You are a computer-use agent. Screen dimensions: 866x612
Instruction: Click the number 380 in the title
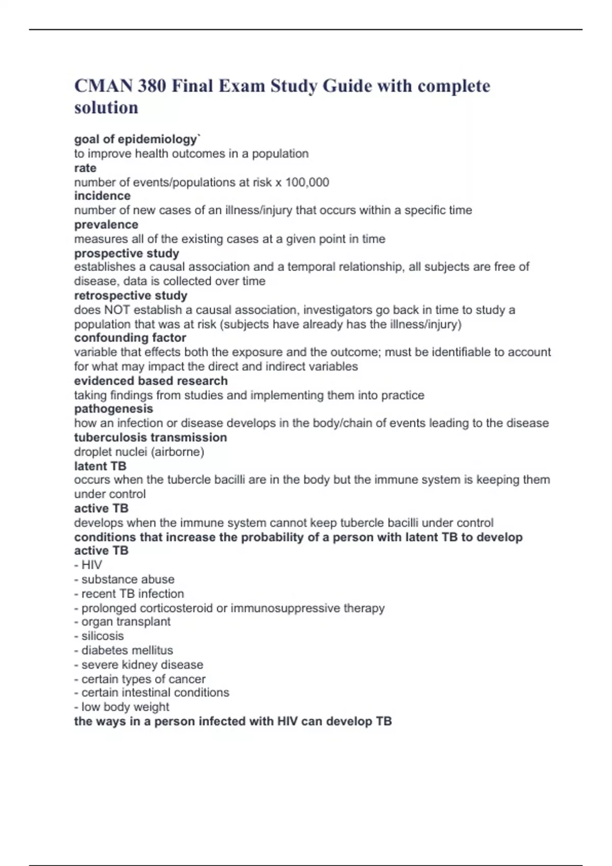tap(151, 86)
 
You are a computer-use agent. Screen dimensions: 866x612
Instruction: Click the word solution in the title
tap(106, 108)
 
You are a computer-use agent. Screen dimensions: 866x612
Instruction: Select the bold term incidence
tap(102, 196)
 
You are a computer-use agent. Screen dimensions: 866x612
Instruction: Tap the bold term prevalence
tap(106, 225)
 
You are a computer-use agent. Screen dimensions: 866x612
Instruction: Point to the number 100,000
tap(307, 182)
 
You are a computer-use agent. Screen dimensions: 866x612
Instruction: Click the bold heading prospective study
tap(126, 253)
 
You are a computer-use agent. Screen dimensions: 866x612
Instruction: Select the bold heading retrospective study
tap(131, 295)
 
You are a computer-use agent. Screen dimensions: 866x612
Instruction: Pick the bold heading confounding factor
tap(130, 338)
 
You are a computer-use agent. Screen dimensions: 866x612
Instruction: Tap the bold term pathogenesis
tap(113, 409)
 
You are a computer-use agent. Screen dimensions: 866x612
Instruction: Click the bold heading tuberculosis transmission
tap(150, 438)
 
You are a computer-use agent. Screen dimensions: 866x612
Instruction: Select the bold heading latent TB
tap(100, 466)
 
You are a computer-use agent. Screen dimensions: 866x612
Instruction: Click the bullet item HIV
tap(91, 565)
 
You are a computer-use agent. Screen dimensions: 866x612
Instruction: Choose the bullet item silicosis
tap(102, 636)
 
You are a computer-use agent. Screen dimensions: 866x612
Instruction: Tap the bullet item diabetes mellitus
tap(126, 651)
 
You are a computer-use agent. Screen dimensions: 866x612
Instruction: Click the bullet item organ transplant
tap(125, 622)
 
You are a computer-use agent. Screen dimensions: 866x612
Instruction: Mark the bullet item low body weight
tap(125, 707)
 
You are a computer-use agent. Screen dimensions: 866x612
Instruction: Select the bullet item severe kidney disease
tap(142, 665)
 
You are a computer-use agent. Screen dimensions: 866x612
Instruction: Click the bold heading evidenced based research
tap(151, 381)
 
